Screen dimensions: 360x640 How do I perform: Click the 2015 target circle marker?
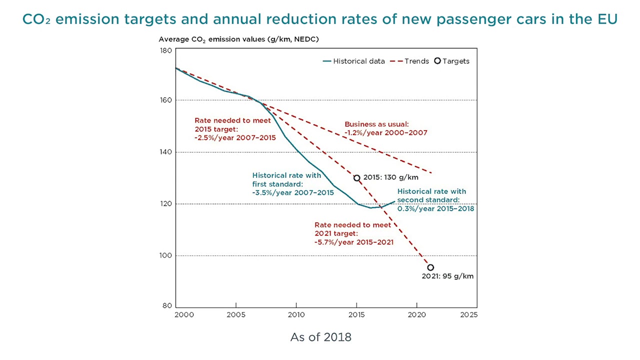356,178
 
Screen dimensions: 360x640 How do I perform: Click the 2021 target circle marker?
430,267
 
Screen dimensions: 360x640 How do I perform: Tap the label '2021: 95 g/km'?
447,276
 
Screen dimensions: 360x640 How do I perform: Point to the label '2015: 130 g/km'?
390,177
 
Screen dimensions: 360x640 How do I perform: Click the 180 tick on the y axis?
166,50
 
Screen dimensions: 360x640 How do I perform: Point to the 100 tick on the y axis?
166,255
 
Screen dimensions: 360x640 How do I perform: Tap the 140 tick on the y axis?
166,152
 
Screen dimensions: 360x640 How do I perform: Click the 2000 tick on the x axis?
183,314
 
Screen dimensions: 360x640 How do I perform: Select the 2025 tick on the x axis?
469,314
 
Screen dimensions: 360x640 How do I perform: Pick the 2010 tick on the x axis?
296,314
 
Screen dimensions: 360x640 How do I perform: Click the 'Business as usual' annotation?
376,124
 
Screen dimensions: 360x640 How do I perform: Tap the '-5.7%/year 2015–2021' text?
354,242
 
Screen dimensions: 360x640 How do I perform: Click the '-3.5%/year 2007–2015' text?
293,192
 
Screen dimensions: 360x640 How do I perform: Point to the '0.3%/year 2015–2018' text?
435,208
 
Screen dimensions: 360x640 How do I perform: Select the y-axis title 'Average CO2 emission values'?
238,39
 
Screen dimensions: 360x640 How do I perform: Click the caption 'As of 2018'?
320,337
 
